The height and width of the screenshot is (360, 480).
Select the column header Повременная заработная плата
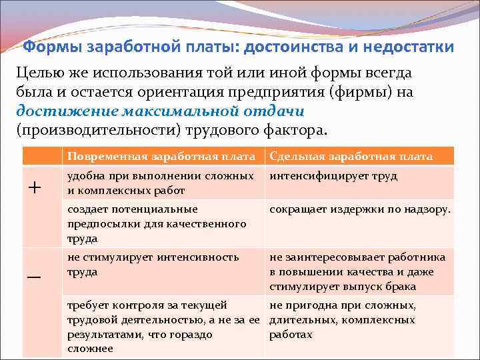pyautogui.click(x=161, y=157)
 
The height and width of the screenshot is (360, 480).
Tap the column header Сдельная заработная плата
pyautogui.click(x=351, y=157)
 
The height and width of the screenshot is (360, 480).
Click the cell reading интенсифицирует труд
pyautogui.click(x=333, y=176)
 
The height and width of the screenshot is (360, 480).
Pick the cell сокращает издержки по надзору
pyautogui.click(x=360, y=209)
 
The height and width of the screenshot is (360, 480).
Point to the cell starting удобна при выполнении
pyautogui.click(x=161, y=182)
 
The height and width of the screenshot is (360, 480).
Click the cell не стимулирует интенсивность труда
pyautogui.click(x=153, y=265)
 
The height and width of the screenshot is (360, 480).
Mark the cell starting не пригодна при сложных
pyautogui.click(x=343, y=319)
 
